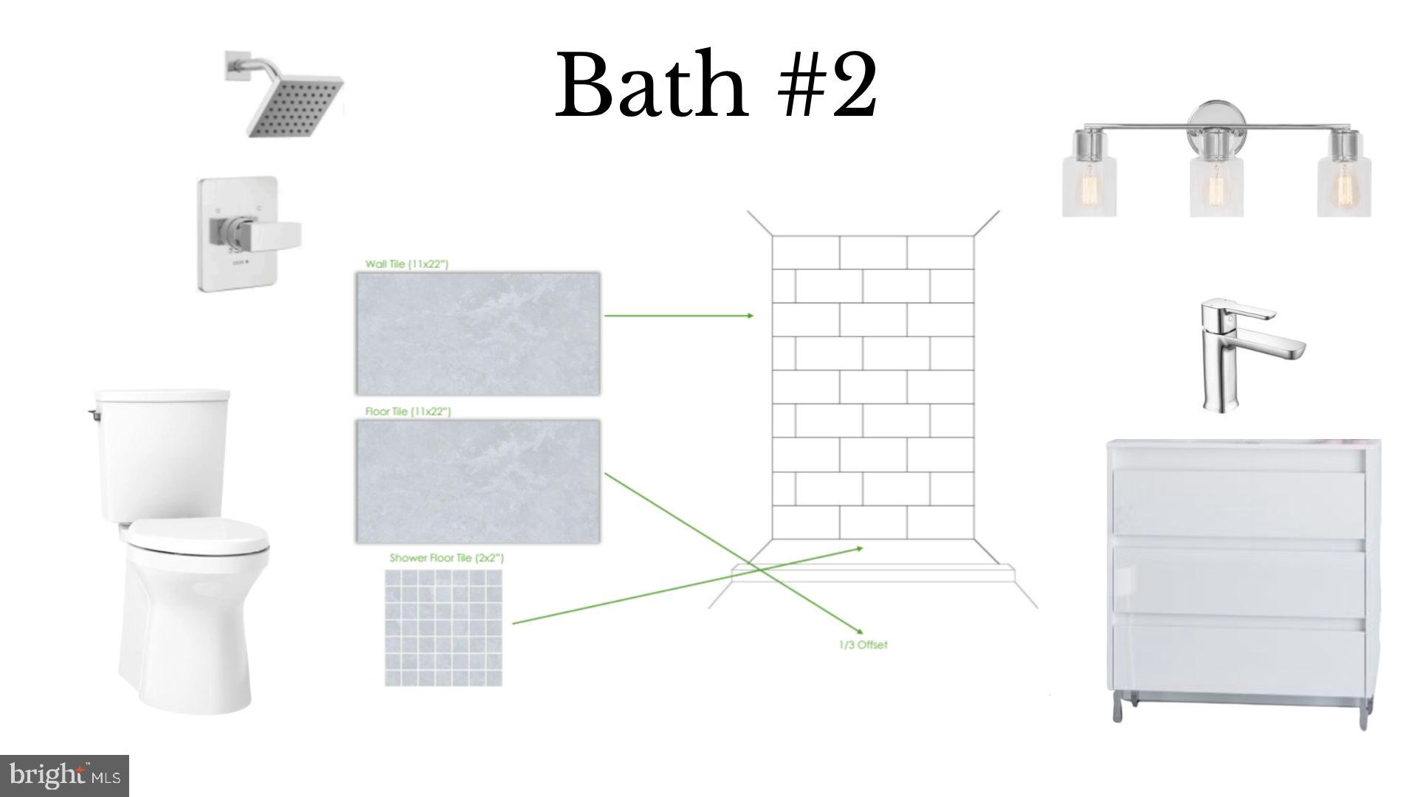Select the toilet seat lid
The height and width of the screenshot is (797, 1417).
tap(199, 536)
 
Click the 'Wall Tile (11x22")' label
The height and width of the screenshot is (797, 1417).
tap(407, 263)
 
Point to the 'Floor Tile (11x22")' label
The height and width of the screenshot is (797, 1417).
tap(408, 411)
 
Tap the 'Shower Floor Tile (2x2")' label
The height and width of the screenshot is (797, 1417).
tap(447, 558)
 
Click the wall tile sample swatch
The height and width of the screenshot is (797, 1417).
tap(477, 334)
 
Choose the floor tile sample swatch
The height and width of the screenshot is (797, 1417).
tap(477, 481)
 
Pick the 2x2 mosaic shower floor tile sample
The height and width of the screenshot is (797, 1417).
tap(444, 627)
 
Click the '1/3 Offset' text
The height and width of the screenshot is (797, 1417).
tap(863, 645)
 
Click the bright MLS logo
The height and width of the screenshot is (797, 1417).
tap(65, 776)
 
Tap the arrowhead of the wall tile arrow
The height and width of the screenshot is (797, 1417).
tap(750, 316)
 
